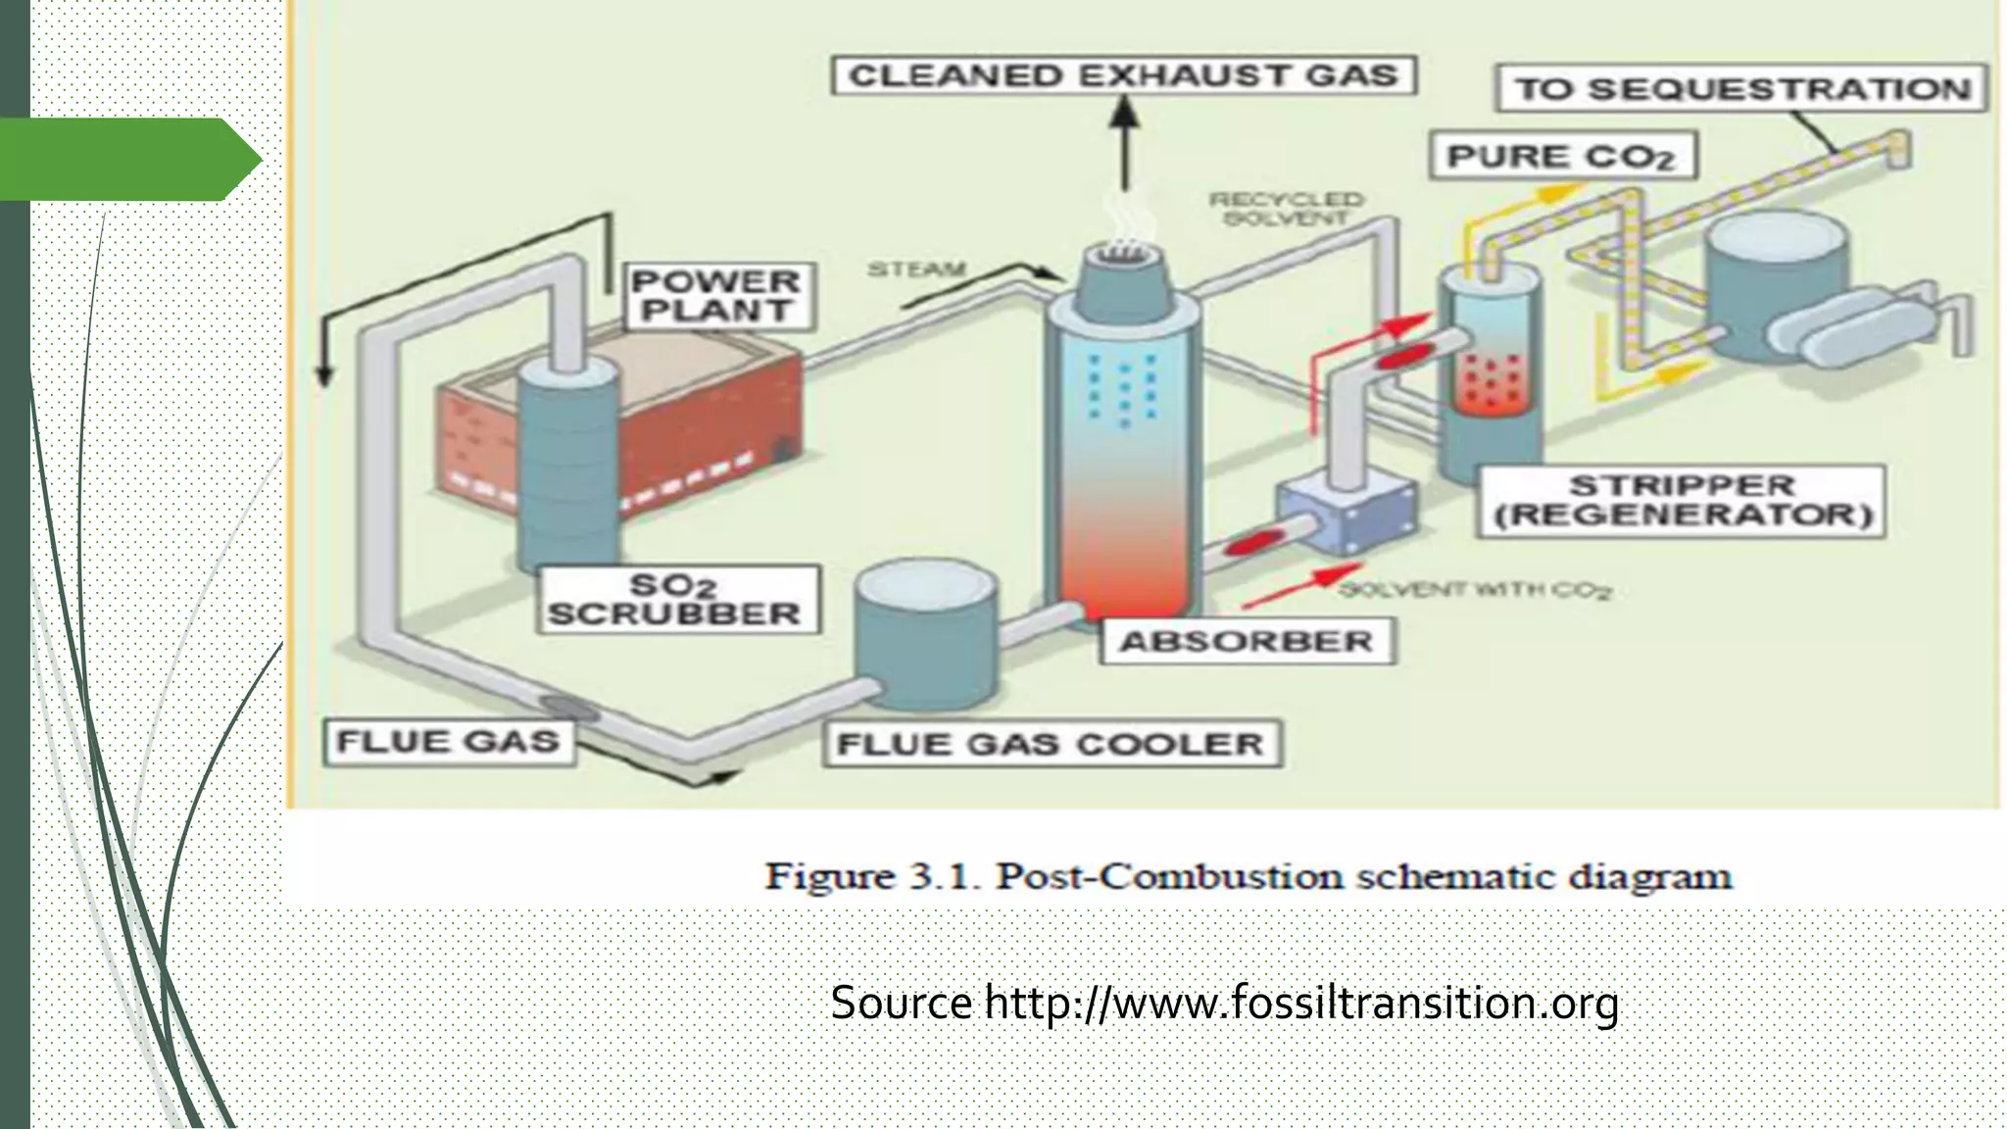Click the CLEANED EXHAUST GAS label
[1123, 75]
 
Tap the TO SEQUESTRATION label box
[1741, 89]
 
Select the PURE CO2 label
[1562, 157]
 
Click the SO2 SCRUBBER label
[677, 599]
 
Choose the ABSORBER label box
[1247, 642]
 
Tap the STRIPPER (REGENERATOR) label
[1681, 501]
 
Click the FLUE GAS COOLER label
[1051, 744]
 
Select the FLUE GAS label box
[448, 741]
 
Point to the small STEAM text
[916, 269]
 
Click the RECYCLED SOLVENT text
[1285, 209]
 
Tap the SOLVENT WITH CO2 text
[1475, 590]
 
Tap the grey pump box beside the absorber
[1347, 515]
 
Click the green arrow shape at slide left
[127, 159]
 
